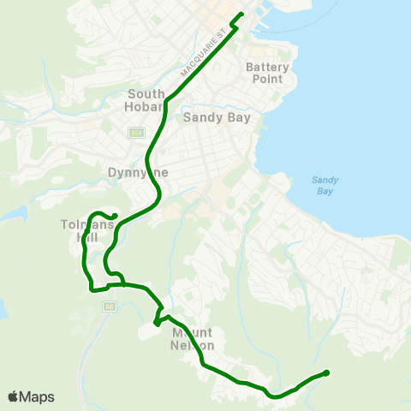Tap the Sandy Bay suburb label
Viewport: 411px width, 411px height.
[217, 118]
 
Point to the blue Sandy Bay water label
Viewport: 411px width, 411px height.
[325, 186]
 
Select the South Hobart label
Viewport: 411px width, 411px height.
[146, 100]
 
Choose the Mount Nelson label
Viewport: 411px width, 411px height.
[193, 338]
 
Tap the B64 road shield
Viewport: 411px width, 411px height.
[136, 133]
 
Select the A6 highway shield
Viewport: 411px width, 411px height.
[109, 306]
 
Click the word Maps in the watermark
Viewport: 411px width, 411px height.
[37, 396]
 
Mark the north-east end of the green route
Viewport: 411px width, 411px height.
[241, 14]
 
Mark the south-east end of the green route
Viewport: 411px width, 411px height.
[327, 372]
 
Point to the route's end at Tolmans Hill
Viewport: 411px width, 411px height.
[115, 215]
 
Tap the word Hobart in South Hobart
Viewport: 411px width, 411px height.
[146, 106]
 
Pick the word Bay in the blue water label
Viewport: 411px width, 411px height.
[325, 191]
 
